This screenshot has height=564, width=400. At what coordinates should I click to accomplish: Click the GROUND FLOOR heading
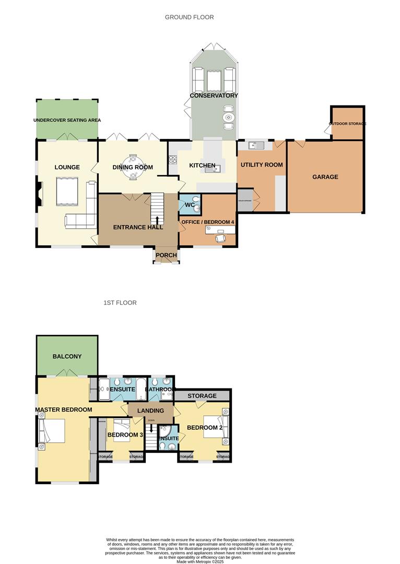(x=189, y=17)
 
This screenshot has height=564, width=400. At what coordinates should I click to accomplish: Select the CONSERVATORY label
(x=214, y=96)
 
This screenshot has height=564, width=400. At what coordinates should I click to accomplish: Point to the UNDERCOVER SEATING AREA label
(x=67, y=120)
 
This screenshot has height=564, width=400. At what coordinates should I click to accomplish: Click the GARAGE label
(x=325, y=177)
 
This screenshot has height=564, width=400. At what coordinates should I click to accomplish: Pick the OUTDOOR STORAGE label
(x=347, y=124)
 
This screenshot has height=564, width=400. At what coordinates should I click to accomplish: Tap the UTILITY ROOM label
(x=261, y=164)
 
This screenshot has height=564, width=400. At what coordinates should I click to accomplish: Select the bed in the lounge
(x=67, y=191)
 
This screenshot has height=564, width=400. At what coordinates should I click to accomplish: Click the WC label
(x=189, y=205)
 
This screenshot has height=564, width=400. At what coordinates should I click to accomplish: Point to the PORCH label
(x=166, y=255)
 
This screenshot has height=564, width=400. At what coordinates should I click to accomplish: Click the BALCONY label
(x=67, y=356)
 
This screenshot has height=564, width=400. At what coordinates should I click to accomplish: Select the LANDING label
(x=150, y=410)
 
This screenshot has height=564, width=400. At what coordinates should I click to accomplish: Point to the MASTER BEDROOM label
(x=64, y=409)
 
